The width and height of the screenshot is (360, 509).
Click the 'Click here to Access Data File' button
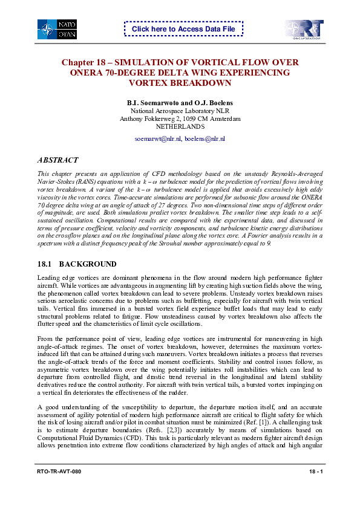click(183, 29)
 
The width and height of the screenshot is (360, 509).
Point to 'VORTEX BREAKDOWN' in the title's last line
click(180, 83)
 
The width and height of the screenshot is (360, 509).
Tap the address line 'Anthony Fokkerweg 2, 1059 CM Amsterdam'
click(180, 119)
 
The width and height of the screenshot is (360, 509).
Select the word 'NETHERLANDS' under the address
click(180, 127)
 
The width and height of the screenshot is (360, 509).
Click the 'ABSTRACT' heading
click(57, 160)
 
